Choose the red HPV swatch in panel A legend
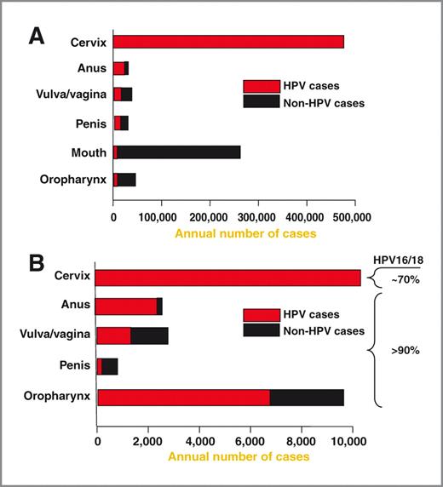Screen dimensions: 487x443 pyautogui.click(x=261, y=86)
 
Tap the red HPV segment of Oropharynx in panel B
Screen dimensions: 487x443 pyautogui.click(x=183, y=398)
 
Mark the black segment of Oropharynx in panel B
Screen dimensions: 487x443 pyautogui.click(x=307, y=398)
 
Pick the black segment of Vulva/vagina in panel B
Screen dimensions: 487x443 pyautogui.click(x=149, y=336)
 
